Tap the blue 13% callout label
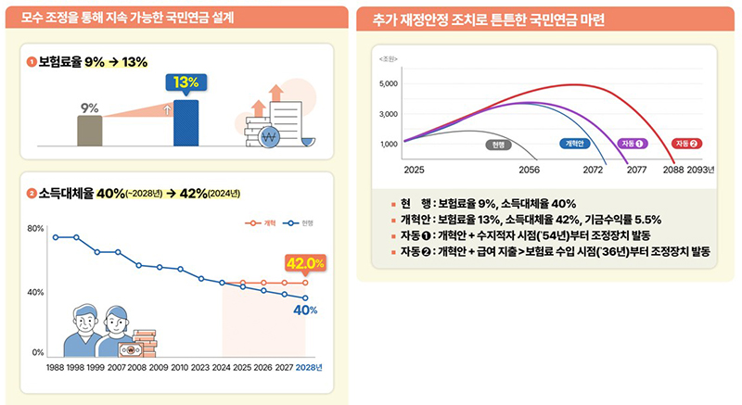point(185,82)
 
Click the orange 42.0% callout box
point(305,263)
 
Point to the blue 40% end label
point(306,310)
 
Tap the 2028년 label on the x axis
point(308,367)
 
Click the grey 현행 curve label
point(499,144)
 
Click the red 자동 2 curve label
point(688,144)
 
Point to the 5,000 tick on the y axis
point(390,84)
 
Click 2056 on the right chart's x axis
point(530,171)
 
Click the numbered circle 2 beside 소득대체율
point(32,194)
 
